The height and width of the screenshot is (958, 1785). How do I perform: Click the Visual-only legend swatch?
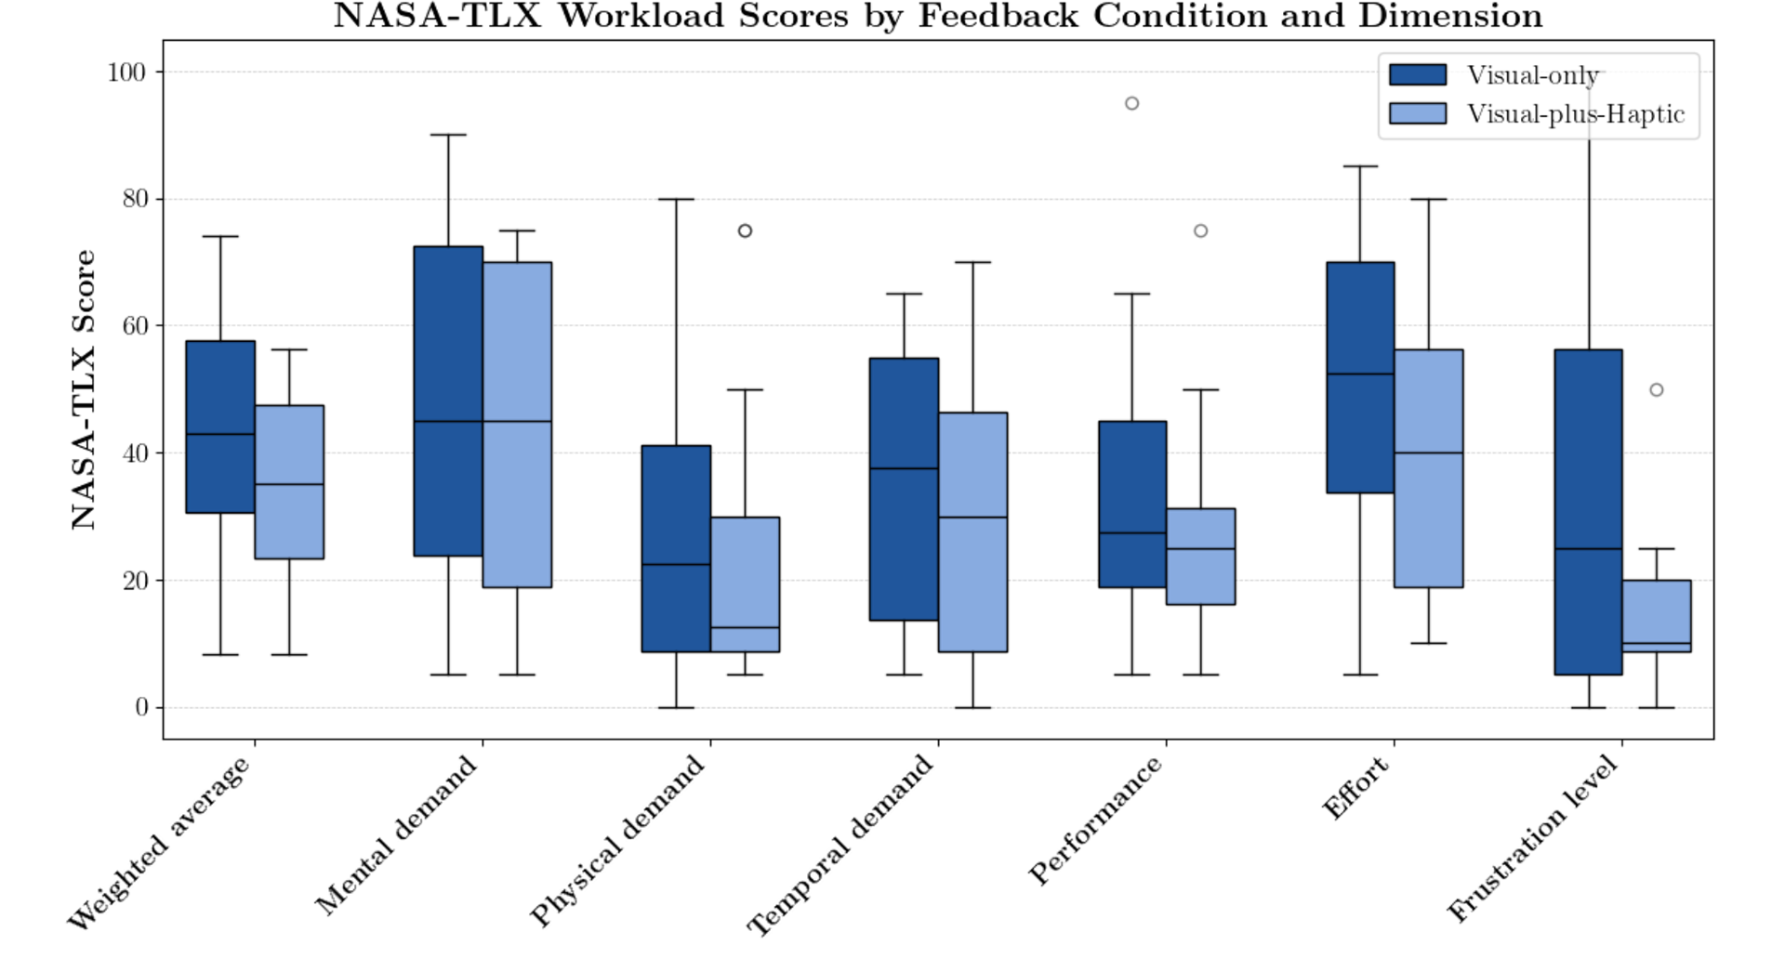[1417, 75]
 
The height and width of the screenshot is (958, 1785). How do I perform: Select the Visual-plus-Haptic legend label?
[1575, 114]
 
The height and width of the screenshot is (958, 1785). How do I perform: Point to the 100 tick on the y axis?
[126, 72]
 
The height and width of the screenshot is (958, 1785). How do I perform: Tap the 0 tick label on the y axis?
[141, 708]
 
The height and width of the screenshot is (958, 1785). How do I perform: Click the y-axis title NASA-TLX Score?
[85, 390]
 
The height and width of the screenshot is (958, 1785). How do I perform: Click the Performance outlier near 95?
[1131, 103]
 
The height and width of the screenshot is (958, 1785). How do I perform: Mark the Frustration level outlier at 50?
[1656, 390]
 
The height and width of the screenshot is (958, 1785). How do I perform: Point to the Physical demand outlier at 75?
[745, 230]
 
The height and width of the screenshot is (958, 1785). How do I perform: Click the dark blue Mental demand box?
[448, 400]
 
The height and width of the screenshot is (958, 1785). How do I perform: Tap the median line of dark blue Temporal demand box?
[904, 468]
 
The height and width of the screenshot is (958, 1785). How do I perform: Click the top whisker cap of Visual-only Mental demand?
[448, 135]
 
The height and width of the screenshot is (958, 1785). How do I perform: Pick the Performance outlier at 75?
[1200, 230]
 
